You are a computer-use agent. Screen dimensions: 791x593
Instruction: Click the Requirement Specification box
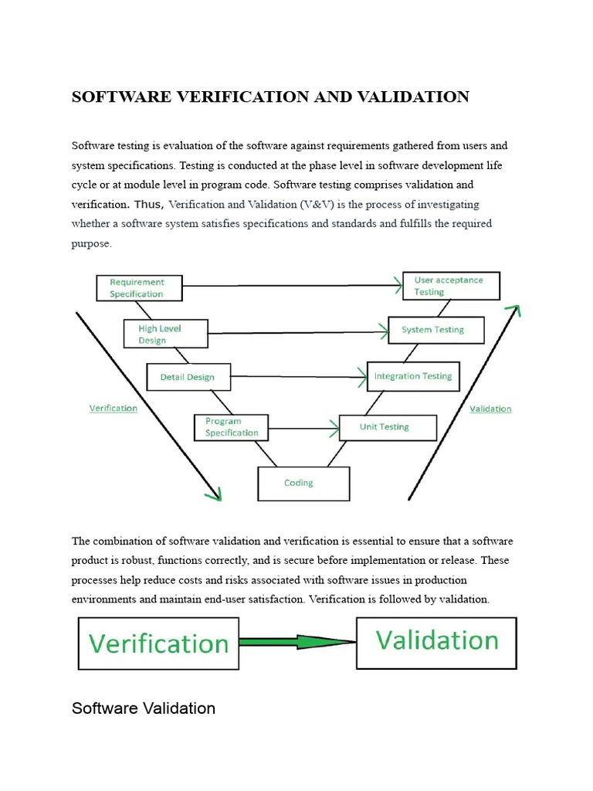[140, 288]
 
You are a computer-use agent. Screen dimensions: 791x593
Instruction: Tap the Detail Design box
[187, 377]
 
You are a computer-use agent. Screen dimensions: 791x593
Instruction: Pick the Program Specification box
[231, 427]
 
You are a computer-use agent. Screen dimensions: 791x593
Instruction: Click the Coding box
[303, 484]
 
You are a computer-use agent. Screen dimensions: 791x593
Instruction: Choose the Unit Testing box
[388, 427]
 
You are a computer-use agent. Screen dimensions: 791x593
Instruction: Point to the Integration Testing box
[413, 377]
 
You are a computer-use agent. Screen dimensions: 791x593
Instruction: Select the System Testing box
[435, 330]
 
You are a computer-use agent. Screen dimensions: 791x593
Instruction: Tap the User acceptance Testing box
[452, 287]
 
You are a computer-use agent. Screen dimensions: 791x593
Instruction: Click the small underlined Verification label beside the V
[114, 408]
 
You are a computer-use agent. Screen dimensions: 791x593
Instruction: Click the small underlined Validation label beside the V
[490, 409]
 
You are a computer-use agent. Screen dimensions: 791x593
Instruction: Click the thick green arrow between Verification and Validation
[297, 642]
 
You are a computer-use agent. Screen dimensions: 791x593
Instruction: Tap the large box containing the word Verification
[158, 643]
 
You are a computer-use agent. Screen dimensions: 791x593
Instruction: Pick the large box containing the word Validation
[436, 642]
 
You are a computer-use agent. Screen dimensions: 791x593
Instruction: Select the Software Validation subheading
[144, 708]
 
